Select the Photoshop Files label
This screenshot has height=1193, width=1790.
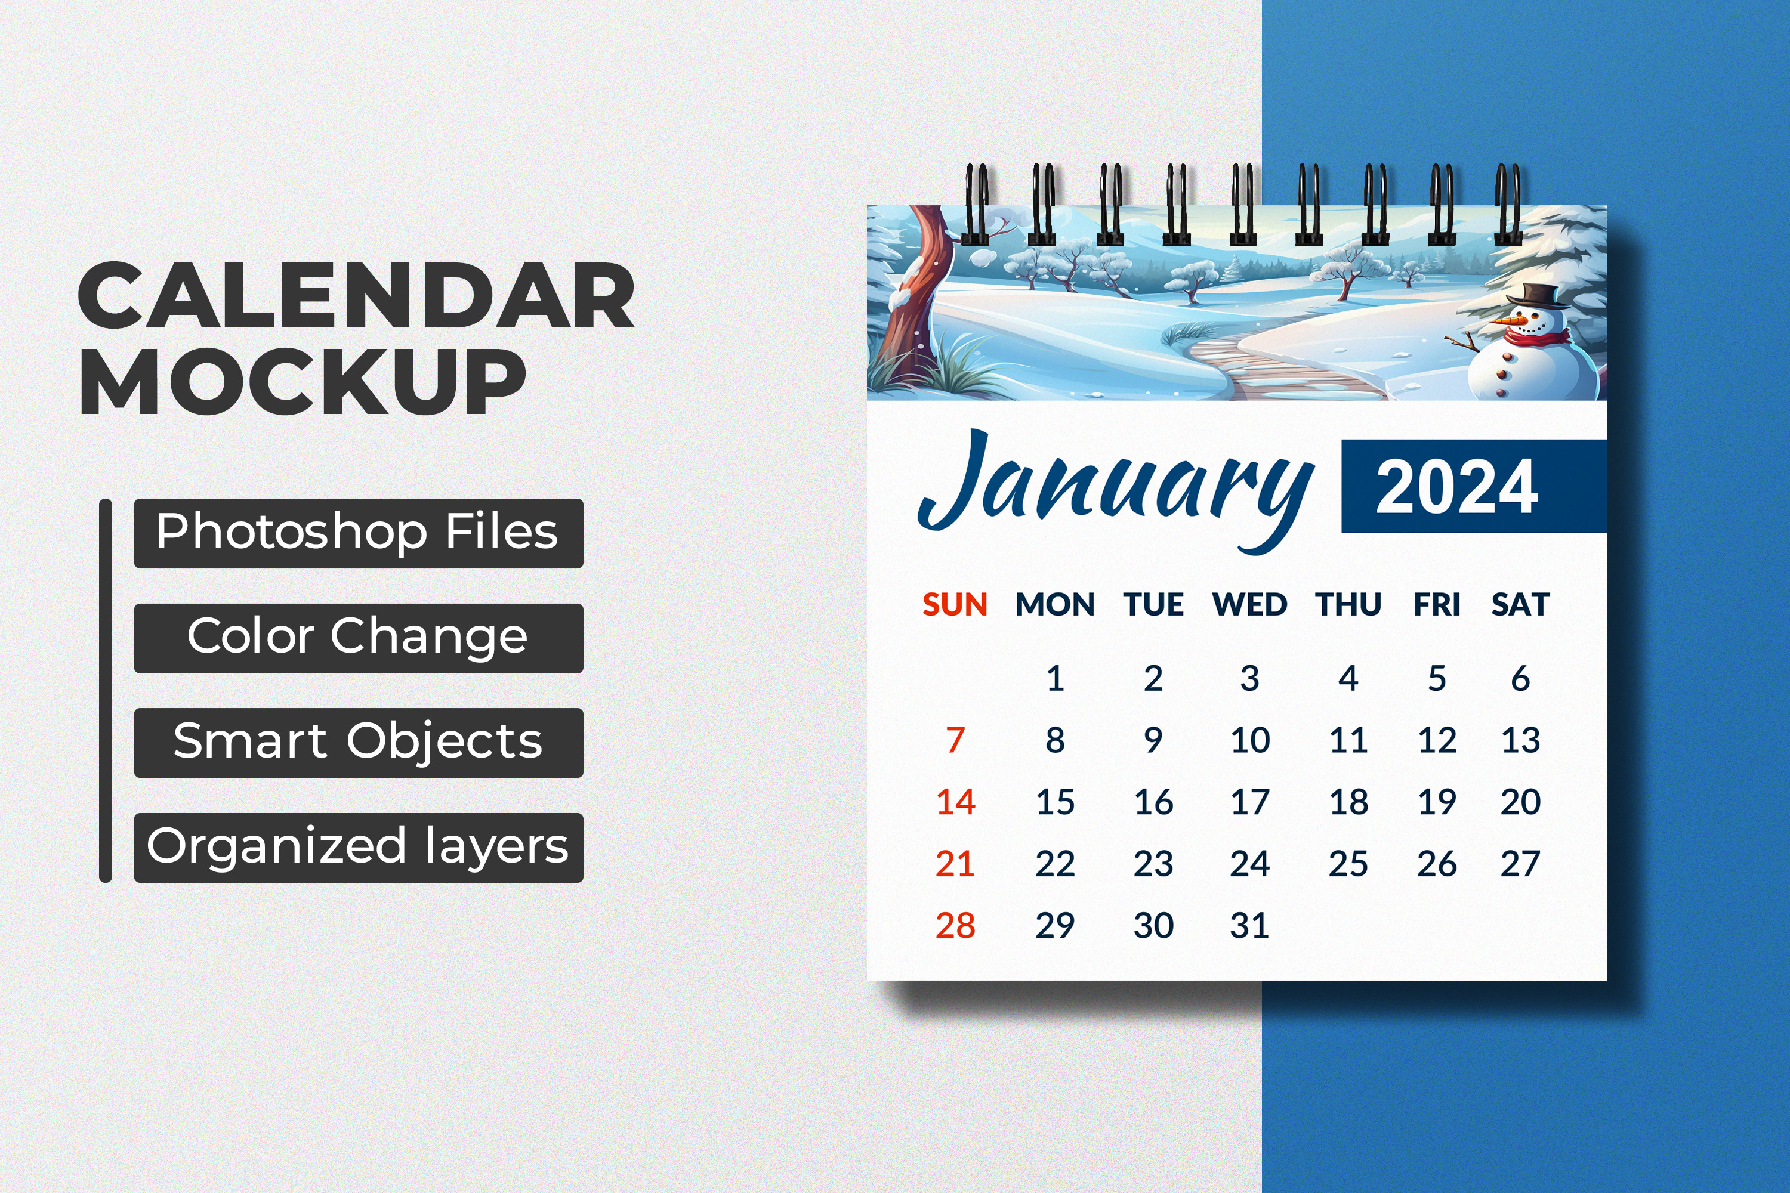pyautogui.click(x=359, y=533)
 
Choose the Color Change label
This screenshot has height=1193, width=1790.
pyautogui.click(x=359, y=638)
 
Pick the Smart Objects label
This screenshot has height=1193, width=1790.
pyautogui.click(x=359, y=743)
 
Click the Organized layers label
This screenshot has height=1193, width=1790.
pyautogui.click(x=359, y=848)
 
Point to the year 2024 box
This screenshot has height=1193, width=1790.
pyautogui.click(x=1473, y=486)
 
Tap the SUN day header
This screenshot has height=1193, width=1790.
pyautogui.click(x=955, y=605)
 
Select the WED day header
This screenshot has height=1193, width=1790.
pyautogui.click(x=1249, y=605)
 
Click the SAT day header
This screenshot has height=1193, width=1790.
pyautogui.click(x=1520, y=605)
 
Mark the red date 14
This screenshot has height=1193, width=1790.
pyautogui.click(x=955, y=802)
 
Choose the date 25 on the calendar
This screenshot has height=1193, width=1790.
pyautogui.click(x=1348, y=864)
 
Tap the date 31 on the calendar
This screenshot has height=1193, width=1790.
pyautogui.click(x=1249, y=926)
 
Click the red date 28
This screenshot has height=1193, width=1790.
pyautogui.click(x=955, y=926)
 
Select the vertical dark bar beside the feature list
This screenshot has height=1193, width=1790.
pyautogui.click(x=106, y=691)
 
